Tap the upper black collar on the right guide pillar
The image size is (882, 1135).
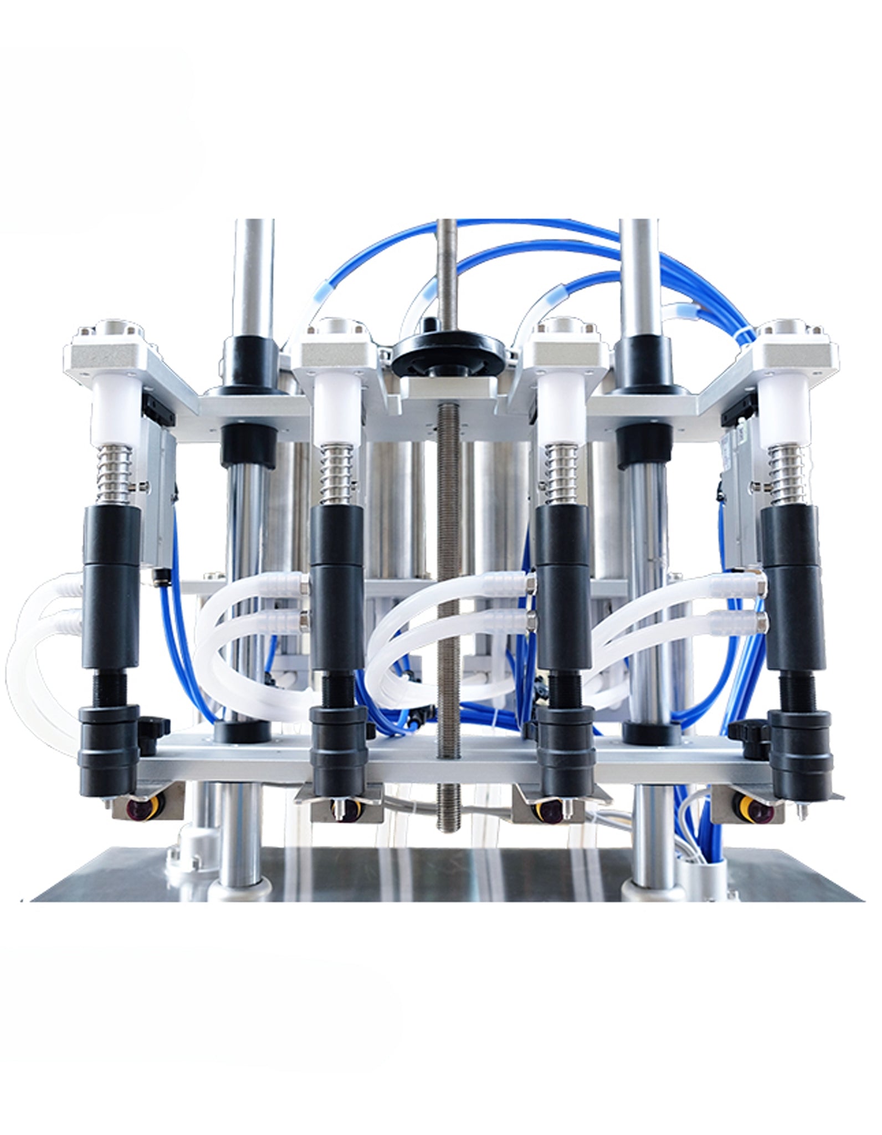642,360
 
